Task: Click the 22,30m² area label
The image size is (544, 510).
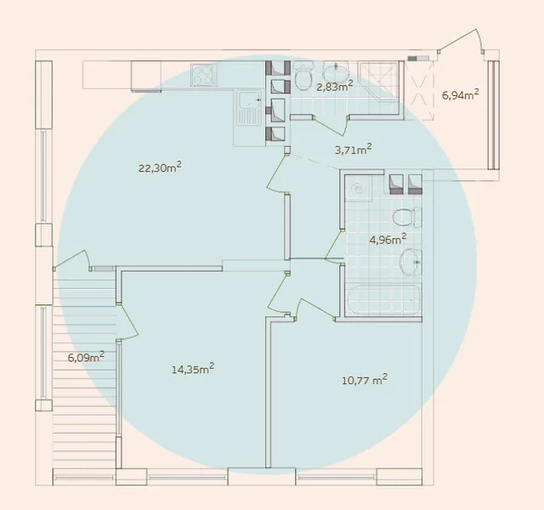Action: pyautogui.click(x=160, y=167)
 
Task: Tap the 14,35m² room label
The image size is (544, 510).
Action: pyautogui.click(x=193, y=369)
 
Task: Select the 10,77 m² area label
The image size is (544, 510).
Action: pyautogui.click(x=365, y=380)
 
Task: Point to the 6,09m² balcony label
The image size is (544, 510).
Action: pyautogui.click(x=86, y=357)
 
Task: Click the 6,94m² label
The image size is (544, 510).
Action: pyautogui.click(x=461, y=94)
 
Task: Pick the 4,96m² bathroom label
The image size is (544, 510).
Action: pyautogui.click(x=388, y=240)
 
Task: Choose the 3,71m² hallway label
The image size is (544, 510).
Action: pyautogui.click(x=354, y=150)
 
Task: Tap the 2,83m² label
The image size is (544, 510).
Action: pyautogui.click(x=335, y=86)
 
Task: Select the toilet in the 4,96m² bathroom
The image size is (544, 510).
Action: pyautogui.click(x=407, y=217)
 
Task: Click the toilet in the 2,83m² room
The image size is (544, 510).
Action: pyautogui.click(x=303, y=76)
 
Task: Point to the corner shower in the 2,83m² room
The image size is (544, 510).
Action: pyautogui.click(x=378, y=81)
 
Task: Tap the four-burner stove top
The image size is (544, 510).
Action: pyautogui.click(x=204, y=75)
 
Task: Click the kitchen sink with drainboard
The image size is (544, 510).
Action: pyautogui.click(x=249, y=108)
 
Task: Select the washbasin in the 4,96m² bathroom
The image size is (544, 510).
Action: pyautogui.click(x=411, y=263)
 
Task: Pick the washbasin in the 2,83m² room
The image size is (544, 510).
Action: pyautogui.click(x=336, y=71)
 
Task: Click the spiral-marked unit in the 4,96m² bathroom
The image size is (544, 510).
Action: pyautogui.click(x=358, y=189)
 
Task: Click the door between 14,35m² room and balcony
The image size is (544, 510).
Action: pyautogui.click(x=127, y=322)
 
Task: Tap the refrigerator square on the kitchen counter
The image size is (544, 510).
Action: pyautogui.click(x=146, y=76)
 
